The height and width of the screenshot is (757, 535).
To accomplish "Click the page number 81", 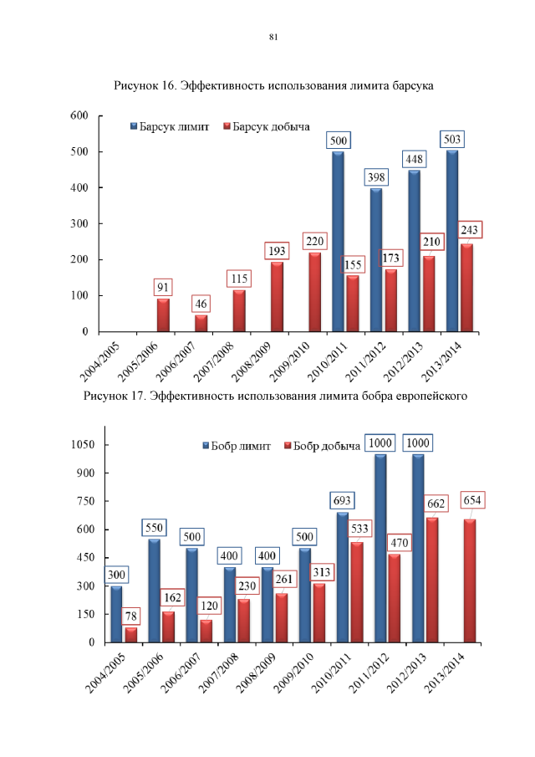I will point(273,38).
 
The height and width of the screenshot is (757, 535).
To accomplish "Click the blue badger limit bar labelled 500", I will point(338,243).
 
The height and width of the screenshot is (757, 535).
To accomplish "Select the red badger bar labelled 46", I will point(201,323).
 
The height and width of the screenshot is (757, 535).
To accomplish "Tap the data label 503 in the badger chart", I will point(453,139).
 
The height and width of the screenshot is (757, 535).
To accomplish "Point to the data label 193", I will point(277,250).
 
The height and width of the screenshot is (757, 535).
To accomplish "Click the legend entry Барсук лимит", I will point(173,126).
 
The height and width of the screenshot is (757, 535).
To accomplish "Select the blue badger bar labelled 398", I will point(376,259).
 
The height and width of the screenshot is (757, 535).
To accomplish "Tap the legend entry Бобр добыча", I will point(322,446).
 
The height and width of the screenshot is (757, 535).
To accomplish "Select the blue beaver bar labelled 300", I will point(116,614).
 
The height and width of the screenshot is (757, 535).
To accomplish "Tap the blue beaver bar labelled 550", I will point(154,591).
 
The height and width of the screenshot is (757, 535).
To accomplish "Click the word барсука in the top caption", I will point(410,86).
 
